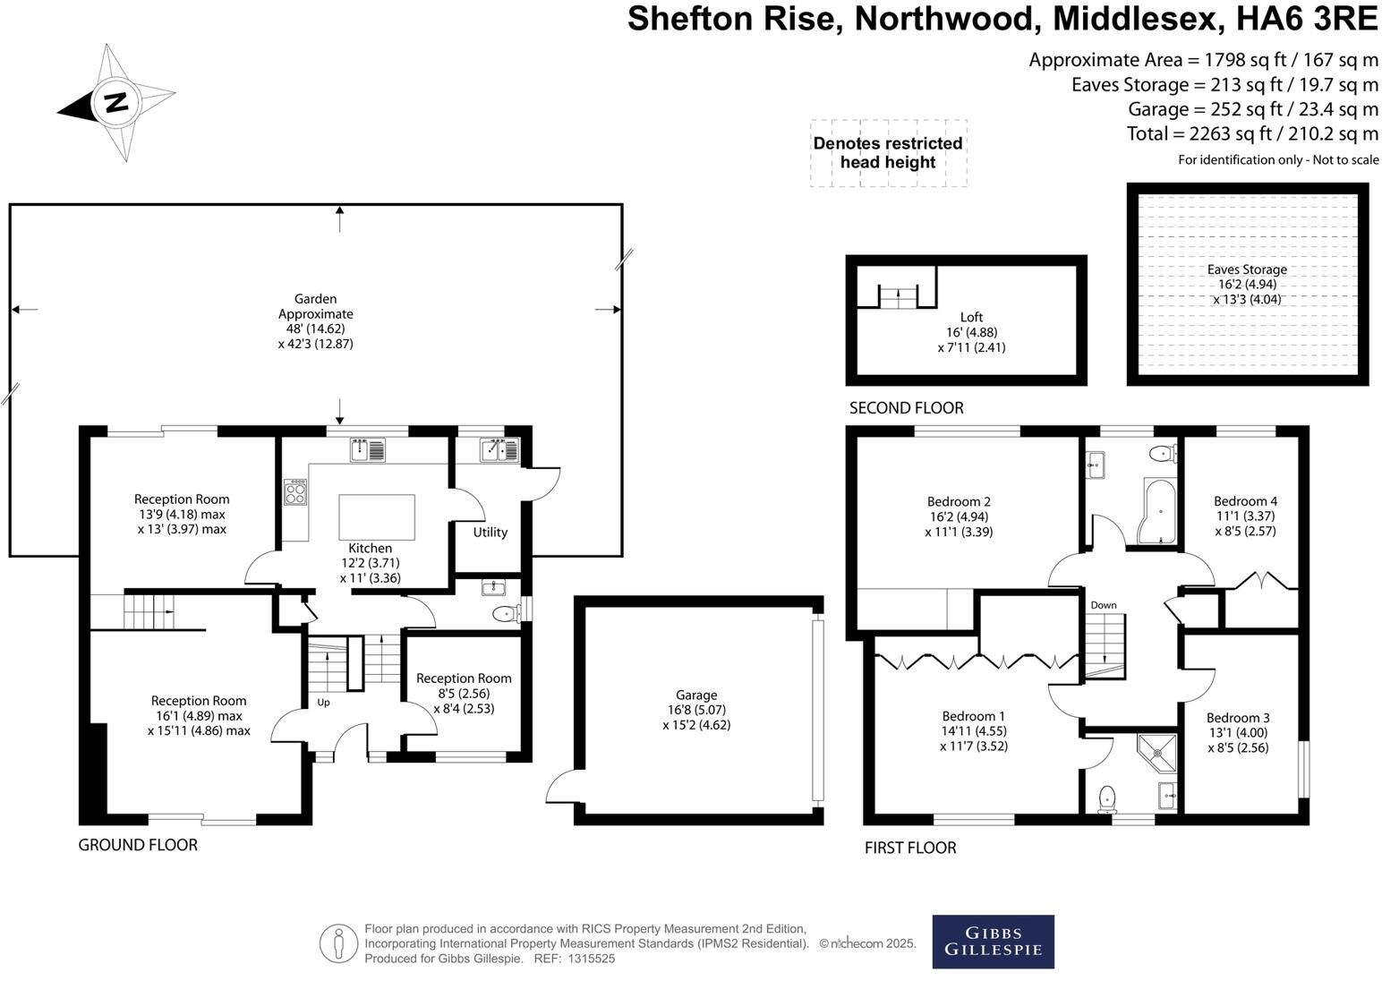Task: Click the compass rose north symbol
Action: pos(116,102)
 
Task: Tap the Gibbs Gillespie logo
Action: pos(993,942)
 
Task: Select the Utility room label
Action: pos(490,532)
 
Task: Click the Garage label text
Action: pos(696,695)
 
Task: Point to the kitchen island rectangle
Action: pos(377,516)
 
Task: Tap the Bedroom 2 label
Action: pos(959,501)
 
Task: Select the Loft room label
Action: pos(971,317)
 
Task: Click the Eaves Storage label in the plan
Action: pos(1247,269)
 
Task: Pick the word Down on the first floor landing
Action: pos(1104,605)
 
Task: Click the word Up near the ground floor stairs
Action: pos(323,703)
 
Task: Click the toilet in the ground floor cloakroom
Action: pos(505,614)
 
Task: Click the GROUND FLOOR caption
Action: pos(138,844)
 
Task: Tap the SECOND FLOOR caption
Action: pos(906,408)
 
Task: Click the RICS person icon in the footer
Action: pos(338,943)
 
